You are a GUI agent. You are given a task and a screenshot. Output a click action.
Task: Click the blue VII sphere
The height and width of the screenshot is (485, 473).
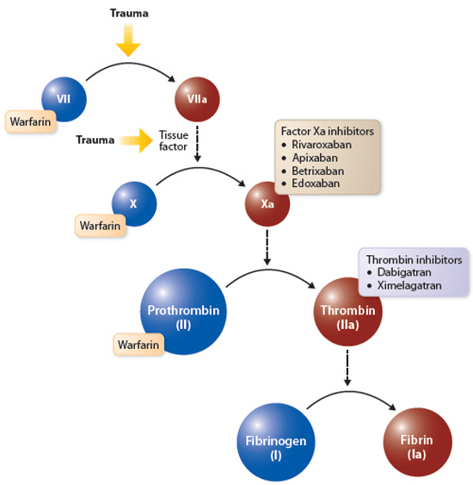(64, 99)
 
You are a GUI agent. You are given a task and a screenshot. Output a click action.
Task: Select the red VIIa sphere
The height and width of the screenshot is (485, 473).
(197, 99)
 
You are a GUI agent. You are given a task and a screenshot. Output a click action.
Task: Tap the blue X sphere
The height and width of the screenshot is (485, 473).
(134, 204)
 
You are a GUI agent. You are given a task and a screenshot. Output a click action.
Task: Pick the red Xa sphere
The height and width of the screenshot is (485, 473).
(267, 204)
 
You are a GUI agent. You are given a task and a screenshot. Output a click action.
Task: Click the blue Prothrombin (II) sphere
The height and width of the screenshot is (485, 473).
(183, 312)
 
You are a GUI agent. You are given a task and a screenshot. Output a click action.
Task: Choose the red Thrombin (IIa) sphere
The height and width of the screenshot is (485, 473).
(348, 312)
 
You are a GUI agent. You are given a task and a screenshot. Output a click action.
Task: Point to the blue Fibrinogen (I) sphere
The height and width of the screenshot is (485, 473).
(276, 442)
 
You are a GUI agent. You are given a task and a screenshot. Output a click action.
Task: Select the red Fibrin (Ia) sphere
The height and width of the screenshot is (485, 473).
(417, 442)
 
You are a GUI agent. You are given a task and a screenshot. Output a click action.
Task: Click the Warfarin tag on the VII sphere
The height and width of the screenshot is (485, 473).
(31, 121)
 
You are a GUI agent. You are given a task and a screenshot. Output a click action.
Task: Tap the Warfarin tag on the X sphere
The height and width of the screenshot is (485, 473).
(101, 226)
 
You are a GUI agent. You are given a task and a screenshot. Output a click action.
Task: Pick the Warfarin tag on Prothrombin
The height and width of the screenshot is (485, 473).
(138, 345)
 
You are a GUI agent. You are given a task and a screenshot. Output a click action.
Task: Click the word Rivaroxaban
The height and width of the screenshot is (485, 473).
(322, 145)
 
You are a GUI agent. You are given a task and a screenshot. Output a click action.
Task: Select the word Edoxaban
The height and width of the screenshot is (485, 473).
(316, 183)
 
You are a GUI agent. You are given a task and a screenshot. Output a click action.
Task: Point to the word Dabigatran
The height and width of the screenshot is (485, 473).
(404, 272)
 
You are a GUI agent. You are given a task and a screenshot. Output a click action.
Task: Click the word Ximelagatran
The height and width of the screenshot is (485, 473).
(409, 285)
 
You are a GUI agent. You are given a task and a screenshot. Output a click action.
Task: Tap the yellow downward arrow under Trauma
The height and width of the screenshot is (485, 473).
(128, 40)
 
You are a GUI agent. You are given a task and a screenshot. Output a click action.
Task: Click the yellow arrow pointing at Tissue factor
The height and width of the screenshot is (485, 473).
(136, 140)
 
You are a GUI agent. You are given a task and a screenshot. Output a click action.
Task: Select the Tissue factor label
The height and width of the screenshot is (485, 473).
(173, 140)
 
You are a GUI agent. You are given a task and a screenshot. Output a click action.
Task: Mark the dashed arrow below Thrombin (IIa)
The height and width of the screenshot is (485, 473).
(347, 368)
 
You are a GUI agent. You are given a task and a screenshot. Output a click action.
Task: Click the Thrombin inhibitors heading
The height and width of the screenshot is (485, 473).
(414, 259)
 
